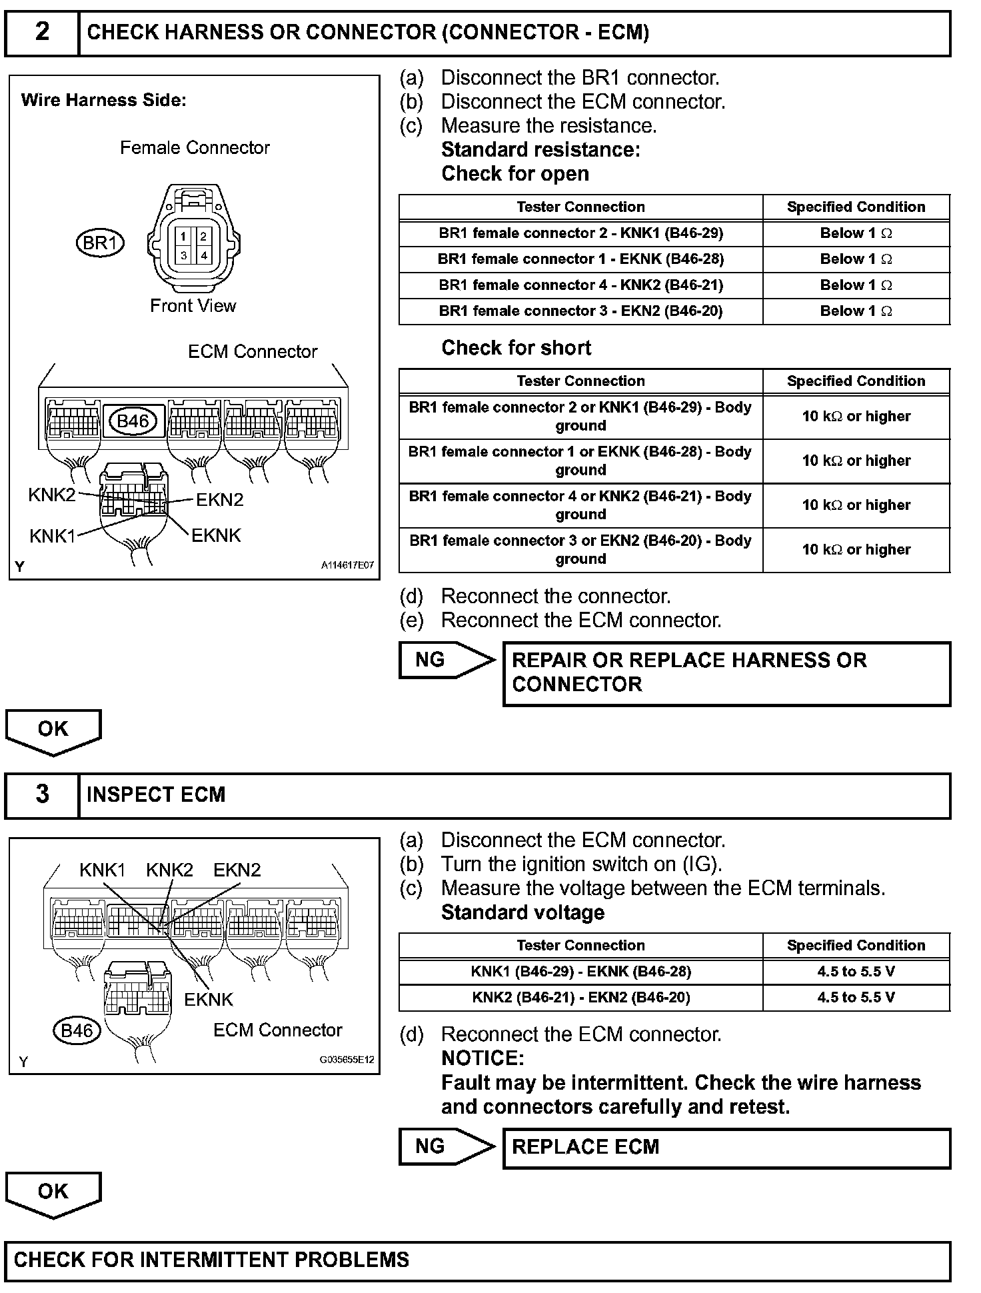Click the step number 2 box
click(41, 33)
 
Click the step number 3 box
click(41, 794)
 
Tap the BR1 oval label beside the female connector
click(100, 243)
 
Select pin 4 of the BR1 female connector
click(203, 255)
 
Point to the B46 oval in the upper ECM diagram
click(133, 421)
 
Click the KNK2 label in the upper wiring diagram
click(51, 495)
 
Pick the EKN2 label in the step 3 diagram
click(237, 870)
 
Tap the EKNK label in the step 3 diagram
click(209, 999)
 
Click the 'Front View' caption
click(193, 306)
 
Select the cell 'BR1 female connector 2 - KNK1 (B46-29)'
click(580, 233)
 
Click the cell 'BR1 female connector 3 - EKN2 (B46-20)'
click(580, 311)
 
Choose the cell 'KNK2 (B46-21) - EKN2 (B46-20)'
click(580, 998)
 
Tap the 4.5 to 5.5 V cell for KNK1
click(856, 972)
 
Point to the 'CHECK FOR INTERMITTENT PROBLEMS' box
click(477, 1260)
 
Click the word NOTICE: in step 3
click(483, 1058)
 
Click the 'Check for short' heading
click(516, 348)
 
